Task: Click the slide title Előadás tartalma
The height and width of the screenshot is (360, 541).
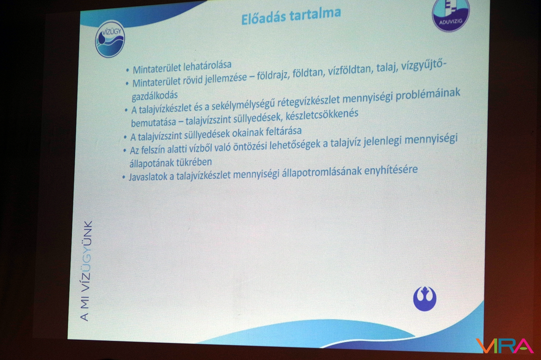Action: tap(291, 16)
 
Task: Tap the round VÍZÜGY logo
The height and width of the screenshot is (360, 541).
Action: tap(110, 39)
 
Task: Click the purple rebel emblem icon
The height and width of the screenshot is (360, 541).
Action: tap(425, 298)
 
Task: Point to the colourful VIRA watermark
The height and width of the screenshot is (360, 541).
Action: tap(505, 346)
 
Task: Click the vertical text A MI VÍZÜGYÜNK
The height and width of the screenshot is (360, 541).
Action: tap(86, 271)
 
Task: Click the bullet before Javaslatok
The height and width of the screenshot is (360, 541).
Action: tap(124, 178)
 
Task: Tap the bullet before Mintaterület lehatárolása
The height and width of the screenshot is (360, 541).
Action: tap(128, 71)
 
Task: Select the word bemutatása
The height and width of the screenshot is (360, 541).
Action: tap(154, 122)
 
